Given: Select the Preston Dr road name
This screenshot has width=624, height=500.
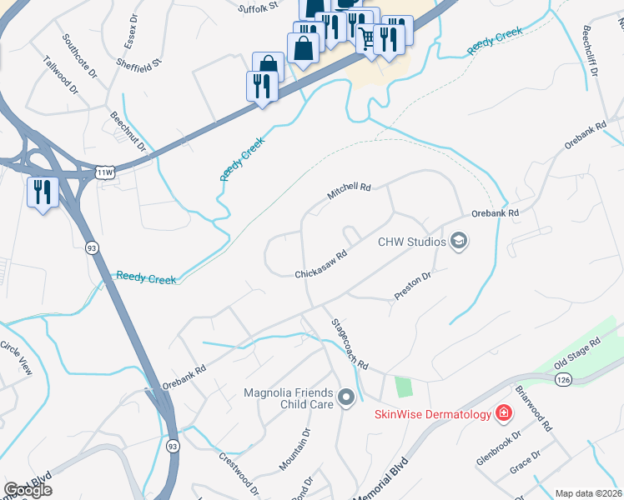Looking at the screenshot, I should click(x=412, y=287).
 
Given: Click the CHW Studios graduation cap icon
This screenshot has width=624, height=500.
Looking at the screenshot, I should click(x=458, y=242).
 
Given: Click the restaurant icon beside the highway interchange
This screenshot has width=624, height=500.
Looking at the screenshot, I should click(x=41, y=192).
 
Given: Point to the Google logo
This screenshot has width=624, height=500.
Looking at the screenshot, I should click(x=28, y=490).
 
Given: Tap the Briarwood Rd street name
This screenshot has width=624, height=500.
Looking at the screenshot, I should click(x=534, y=407).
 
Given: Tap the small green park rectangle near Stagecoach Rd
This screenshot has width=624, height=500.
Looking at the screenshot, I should click(x=404, y=387).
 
